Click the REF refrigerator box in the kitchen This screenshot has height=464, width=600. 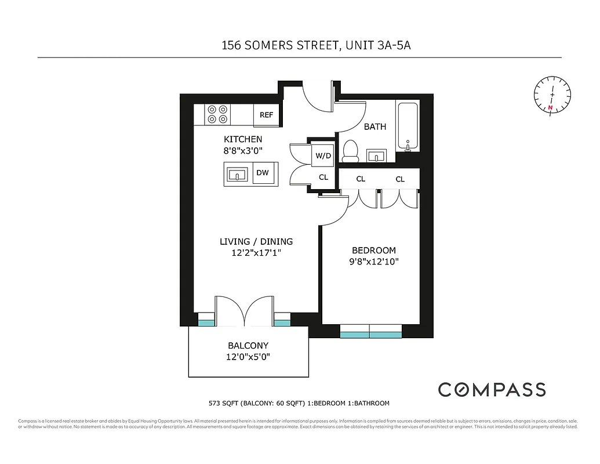267,115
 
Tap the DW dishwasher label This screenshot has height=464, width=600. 262,173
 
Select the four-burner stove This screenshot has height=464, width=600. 217,114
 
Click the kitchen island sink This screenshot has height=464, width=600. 238,173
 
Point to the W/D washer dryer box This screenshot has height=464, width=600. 323,155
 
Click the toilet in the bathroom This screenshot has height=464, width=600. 350,151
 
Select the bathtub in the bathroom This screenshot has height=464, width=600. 408,126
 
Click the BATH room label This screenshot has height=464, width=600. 374,126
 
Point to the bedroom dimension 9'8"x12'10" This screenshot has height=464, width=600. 374,262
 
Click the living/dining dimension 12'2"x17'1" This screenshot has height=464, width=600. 256,253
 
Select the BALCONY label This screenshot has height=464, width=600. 248,346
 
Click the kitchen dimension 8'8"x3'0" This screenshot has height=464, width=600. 243,150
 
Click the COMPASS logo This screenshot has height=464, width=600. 492,389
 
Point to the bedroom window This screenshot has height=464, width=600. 370,334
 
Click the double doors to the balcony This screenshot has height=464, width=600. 246,311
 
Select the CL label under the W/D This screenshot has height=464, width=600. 323,177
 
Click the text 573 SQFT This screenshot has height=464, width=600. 224,403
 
